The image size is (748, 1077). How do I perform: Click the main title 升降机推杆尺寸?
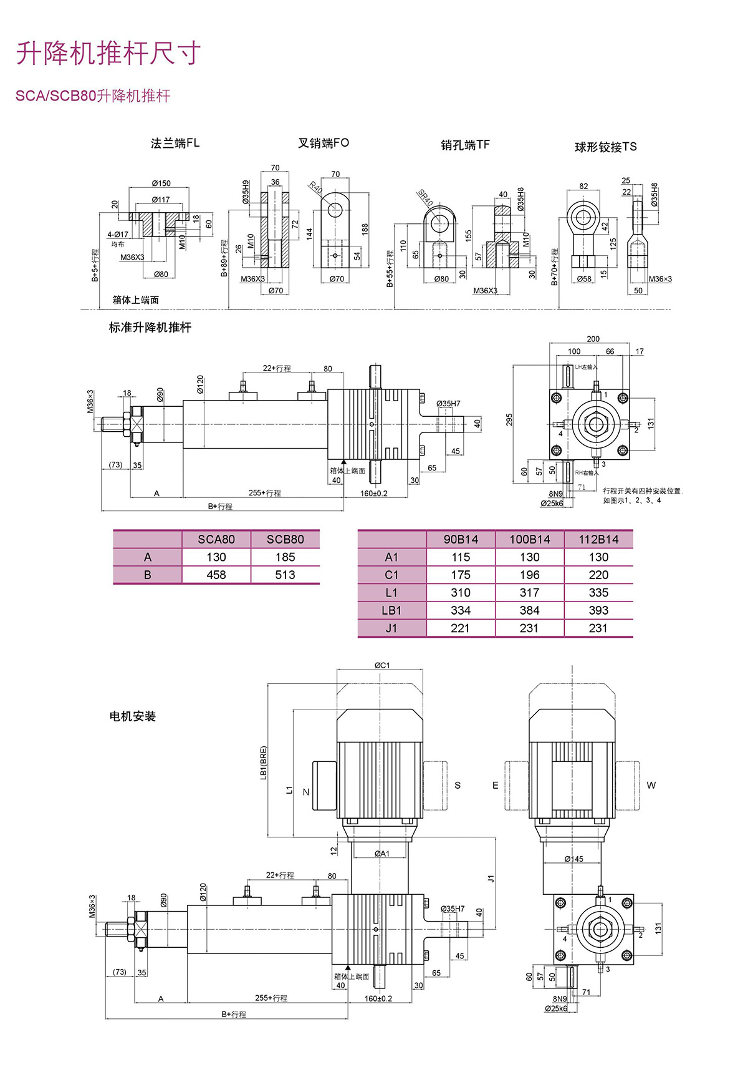point(108,53)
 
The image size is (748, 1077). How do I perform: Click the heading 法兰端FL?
point(175,144)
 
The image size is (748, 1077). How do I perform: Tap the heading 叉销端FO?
point(324,144)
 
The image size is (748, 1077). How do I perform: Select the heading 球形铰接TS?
point(605,147)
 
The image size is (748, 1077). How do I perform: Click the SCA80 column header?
point(216,539)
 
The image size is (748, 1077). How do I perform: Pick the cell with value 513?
point(285,575)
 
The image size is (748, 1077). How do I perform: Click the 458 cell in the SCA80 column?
point(216,575)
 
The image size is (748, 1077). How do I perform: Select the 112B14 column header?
point(598,539)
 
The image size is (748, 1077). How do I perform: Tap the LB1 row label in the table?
point(391,610)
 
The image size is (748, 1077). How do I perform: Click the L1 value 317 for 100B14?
point(529,593)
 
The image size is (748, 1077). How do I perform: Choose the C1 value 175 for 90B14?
point(461,575)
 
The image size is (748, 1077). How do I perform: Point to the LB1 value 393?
point(598,610)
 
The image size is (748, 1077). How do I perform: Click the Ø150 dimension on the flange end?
point(161,183)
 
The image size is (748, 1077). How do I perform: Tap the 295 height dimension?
point(509,419)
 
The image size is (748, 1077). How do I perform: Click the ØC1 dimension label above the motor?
point(381,665)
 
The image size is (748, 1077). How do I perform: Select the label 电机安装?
point(132,716)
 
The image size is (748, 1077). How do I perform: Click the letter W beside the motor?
point(651,785)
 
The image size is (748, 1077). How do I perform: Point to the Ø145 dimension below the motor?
point(573,859)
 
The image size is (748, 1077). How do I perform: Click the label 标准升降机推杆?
point(150,328)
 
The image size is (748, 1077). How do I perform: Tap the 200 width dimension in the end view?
point(593,339)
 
